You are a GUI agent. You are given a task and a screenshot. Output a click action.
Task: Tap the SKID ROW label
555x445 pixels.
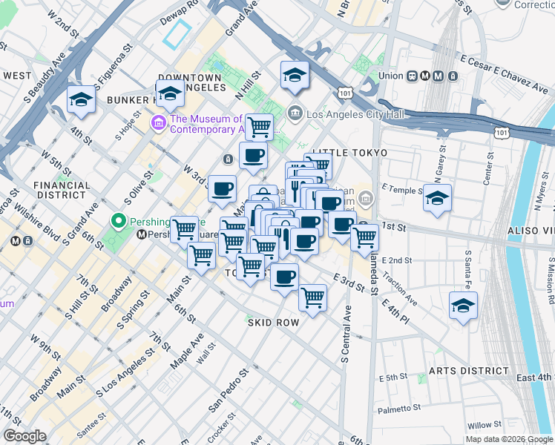(273, 323)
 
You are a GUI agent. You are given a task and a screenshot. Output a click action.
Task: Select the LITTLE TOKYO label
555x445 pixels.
(349, 153)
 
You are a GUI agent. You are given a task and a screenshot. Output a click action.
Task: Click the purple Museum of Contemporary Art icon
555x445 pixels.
(159, 122)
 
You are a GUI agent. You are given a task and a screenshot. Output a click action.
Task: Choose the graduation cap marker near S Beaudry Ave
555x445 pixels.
(81, 99)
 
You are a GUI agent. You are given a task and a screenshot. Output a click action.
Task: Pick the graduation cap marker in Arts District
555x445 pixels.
(463, 306)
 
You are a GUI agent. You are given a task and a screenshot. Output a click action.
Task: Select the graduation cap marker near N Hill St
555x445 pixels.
(295, 74)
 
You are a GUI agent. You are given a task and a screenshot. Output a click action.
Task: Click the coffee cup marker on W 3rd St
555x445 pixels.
(222, 188)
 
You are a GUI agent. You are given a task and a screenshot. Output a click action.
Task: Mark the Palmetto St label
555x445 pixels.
(398, 407)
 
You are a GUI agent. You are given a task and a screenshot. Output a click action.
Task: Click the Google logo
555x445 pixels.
(24, 437)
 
